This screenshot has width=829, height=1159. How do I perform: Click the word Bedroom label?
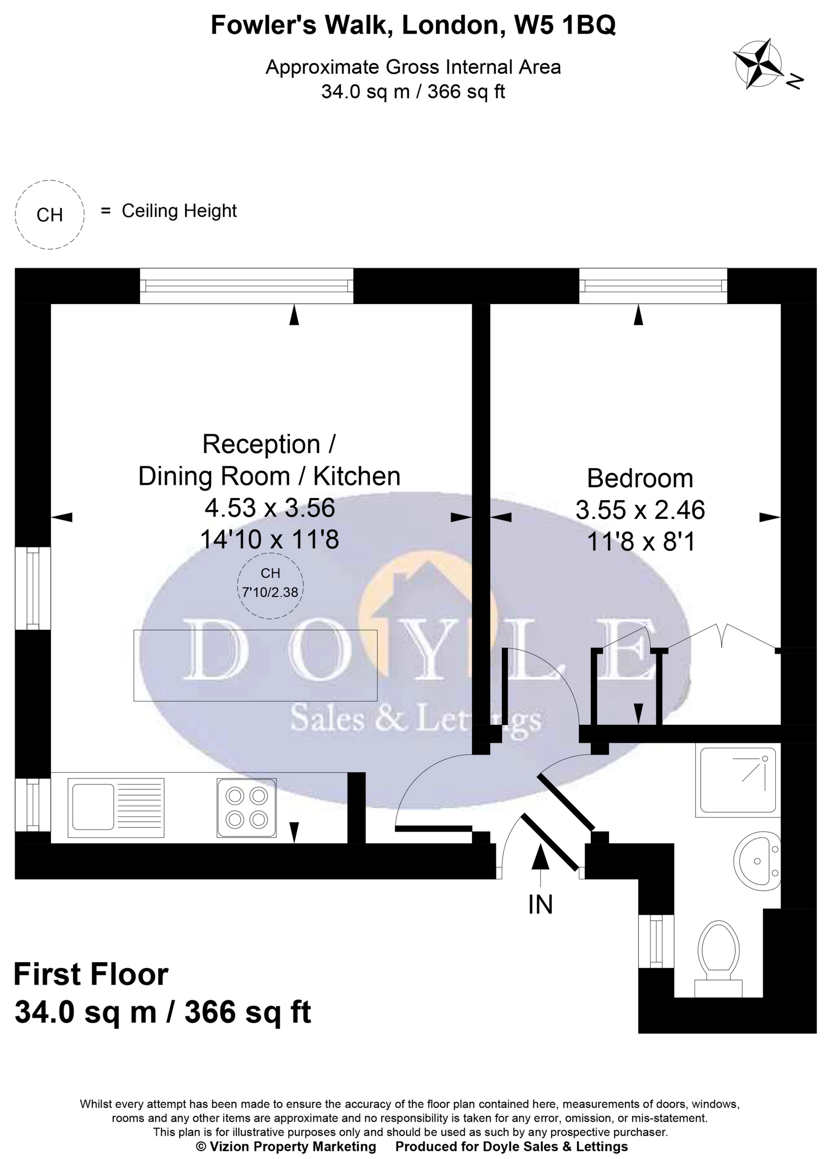coord(639,479)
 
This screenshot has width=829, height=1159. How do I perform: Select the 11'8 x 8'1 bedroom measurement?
coord(641,541)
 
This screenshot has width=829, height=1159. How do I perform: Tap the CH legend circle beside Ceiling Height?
coord(50,215)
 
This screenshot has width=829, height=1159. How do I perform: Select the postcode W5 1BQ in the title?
coord(564,25)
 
